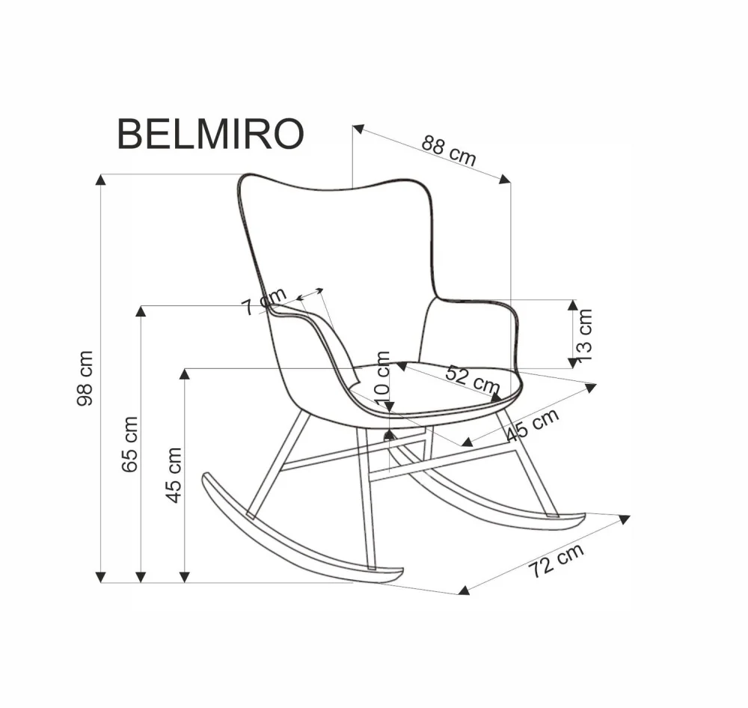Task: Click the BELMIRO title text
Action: (210, 134)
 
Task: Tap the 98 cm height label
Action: (86, 378)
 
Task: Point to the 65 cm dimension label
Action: (130, 443)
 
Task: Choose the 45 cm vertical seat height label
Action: (174, 474)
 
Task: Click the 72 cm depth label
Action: (556, 561)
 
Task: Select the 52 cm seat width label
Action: (472, 379)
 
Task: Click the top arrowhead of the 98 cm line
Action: (100, 179)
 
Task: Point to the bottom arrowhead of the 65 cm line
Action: (141, 577)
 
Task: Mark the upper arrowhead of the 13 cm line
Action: (573, 305)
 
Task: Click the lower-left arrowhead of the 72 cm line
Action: (464, 590)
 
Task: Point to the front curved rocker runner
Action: (299, 539)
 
